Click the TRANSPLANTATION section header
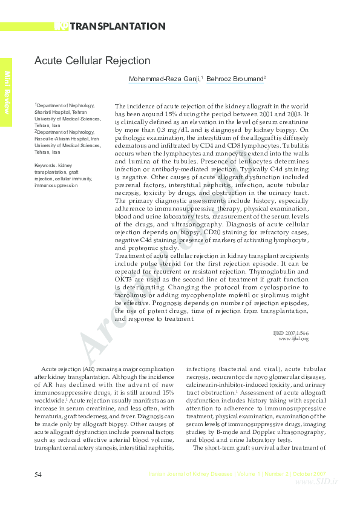(117, 26)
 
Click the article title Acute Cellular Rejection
(92, 61)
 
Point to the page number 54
(38, 473)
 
